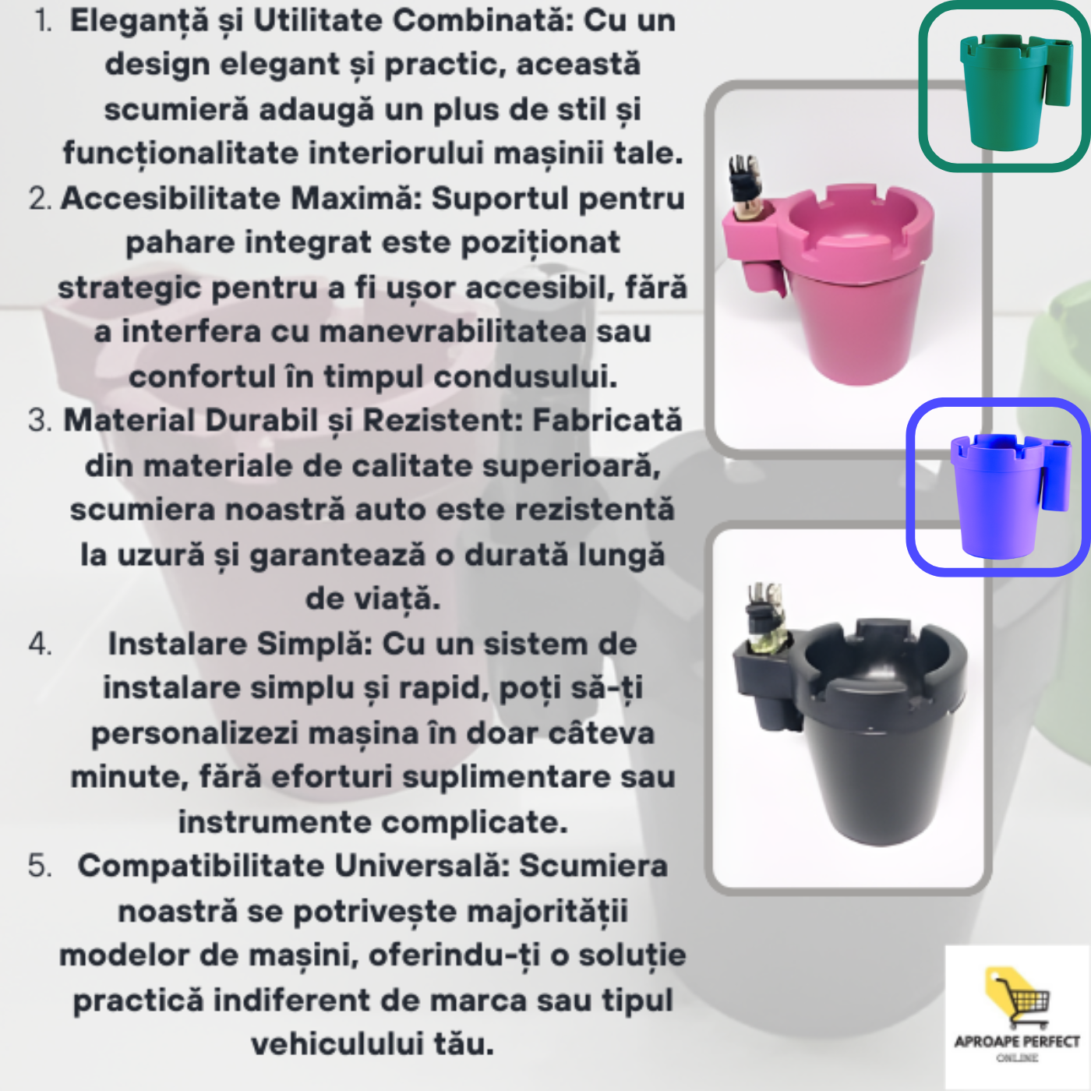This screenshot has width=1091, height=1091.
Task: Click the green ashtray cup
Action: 1013,90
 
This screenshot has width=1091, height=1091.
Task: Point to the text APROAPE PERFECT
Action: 1017,1042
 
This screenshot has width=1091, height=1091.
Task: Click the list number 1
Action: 43,22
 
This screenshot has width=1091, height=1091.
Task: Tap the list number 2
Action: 40,199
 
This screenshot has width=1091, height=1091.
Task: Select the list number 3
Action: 40,422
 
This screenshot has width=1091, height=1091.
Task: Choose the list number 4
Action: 40,644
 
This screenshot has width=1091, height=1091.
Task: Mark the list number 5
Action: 40,867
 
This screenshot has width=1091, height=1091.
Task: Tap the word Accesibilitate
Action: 171,199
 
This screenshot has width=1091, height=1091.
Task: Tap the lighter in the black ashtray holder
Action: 764,617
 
